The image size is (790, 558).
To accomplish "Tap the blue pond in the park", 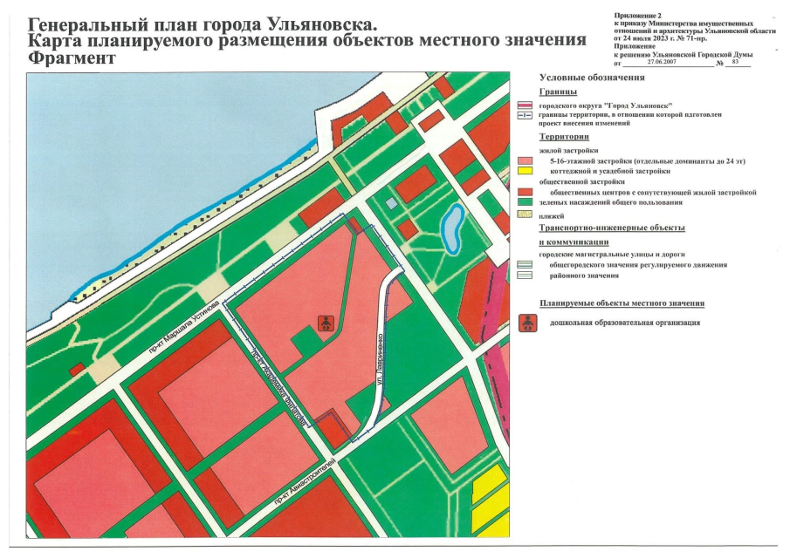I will (452, 228).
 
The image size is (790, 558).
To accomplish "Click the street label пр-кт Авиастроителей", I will (303, 482).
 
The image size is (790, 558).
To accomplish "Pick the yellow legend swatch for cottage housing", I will (525, 172).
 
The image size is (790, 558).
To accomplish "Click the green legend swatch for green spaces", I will (525, 202).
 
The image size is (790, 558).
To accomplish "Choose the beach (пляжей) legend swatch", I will (525, 214).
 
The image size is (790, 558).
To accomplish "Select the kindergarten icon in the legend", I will (527, 323).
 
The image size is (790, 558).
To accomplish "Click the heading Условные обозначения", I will (586, 78).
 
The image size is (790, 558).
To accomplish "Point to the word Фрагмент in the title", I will (71, 58).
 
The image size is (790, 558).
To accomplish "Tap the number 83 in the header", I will (735, 63).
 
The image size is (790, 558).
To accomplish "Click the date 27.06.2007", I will (663, 63).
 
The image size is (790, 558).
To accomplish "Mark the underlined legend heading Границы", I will (559, 92).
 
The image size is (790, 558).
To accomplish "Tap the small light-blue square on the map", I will (393, 203).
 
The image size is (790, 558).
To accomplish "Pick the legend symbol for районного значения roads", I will (525, 275).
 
